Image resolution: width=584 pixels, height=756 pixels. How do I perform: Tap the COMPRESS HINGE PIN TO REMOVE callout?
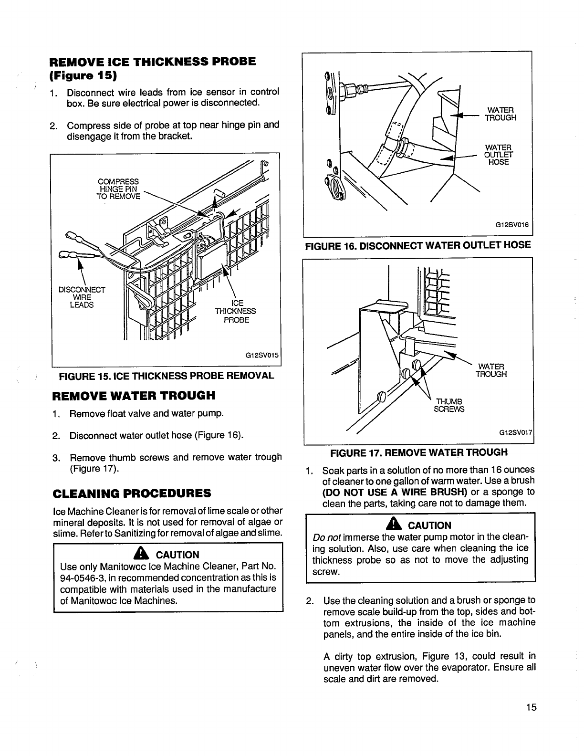(x=118, y=189)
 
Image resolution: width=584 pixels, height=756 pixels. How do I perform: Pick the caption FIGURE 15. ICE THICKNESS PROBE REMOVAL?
(x=166, y=376)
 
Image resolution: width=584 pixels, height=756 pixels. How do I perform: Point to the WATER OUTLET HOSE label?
(x=498, y=155)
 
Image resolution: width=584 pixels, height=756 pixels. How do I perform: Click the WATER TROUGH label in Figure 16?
(x=500, y=115)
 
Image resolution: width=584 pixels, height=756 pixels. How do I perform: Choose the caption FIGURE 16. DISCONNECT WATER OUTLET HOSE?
(x=417, y=246)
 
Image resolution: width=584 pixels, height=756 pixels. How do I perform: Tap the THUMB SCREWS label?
(x=448, y=405)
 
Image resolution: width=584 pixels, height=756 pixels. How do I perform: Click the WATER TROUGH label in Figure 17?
(x=490, y=370)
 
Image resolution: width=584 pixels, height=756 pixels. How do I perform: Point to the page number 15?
(x=532, y=707)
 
